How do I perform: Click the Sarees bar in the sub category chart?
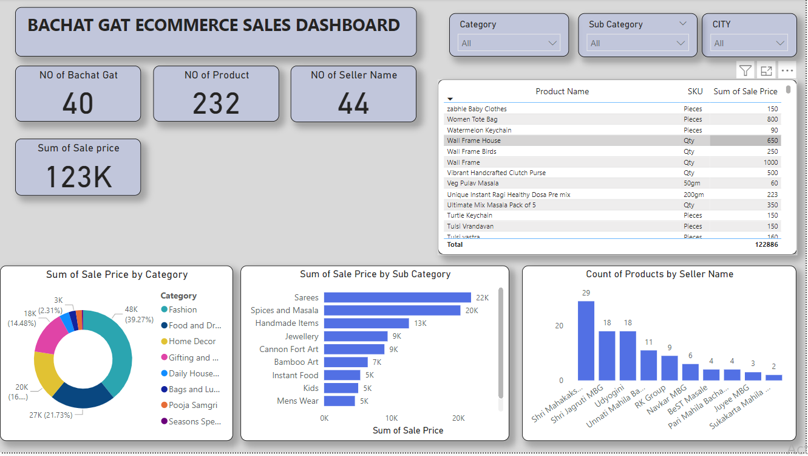pyautogui.click(x=397, y=297)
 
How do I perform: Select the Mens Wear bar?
pyautogui.click(x=339, y=401)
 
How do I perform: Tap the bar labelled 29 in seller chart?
pyautogui.click(x=586, y=340)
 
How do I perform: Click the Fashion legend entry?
pyautogui.click(x=183, y=309)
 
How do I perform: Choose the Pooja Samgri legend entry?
pyautogui.click(x=192, y=405)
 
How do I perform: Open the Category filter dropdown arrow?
pyautogui.click(x=552, y=43)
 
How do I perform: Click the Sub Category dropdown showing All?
pyautogui.click(x=637, y=43)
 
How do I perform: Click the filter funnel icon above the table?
pyautogui.click(x=745, y=71)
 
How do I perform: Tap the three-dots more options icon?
pyautogui.click(x=787, y=71)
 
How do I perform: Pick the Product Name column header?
pyautogui.click(x=562, y=91)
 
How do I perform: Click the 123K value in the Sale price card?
pyautogui.click(x=78, y=177)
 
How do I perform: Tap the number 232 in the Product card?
pyautogui.click(x=216, y=104)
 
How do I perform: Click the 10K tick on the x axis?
pyautogui.click(x=392, y=418)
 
